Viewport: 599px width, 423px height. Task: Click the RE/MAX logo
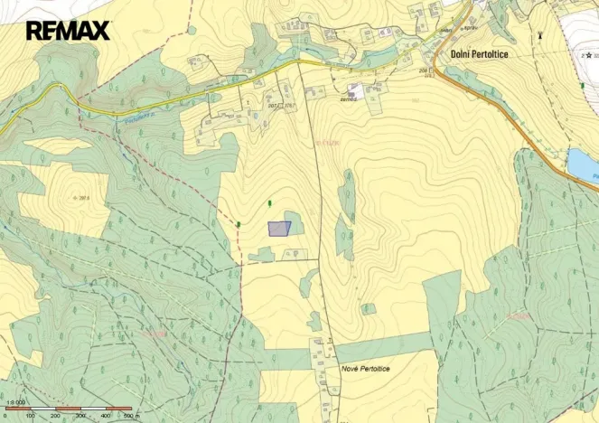point(68,31)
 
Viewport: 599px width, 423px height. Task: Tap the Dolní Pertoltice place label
point(485,54)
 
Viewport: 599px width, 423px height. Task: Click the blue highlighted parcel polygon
point(279,229)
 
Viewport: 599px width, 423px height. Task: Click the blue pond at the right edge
point(583,164)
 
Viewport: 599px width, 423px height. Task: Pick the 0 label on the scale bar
point(7,416)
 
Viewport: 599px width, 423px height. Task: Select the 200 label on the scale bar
point(56,416)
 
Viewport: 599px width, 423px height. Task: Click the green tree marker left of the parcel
point(239,222)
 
